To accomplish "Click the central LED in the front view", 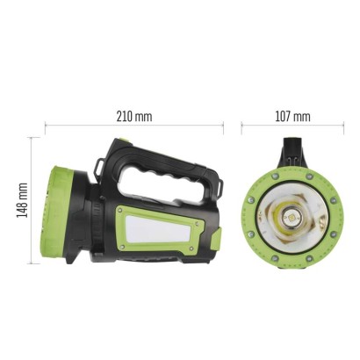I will [289, 214].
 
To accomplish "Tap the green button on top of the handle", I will [126, 143].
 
